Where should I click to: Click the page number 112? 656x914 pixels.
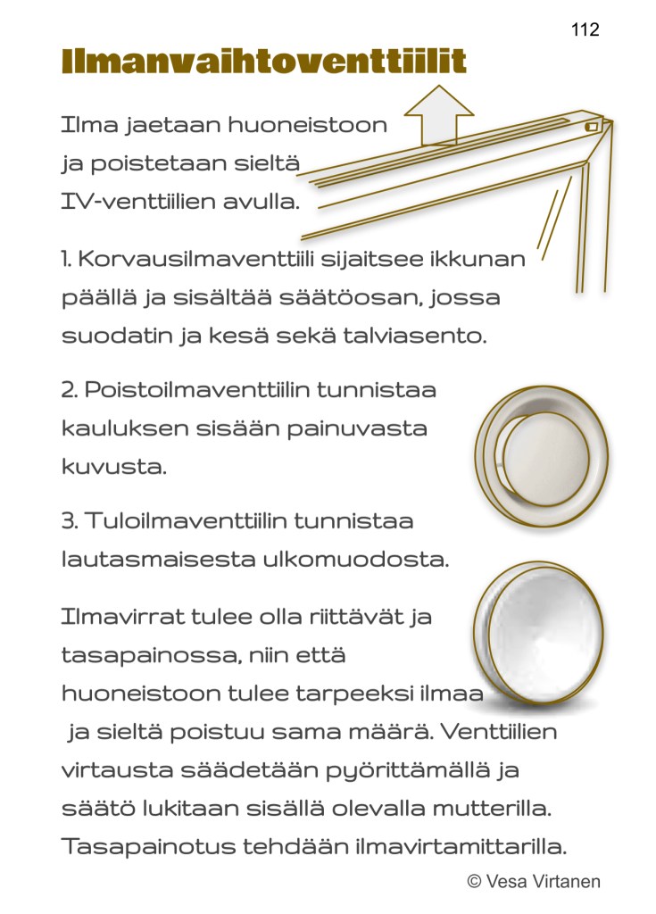point(585,29)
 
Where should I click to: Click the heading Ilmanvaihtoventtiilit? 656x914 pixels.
point(263,62)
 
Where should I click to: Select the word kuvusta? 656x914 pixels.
point(113,466)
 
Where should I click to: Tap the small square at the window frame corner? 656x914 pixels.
point(590,128)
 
